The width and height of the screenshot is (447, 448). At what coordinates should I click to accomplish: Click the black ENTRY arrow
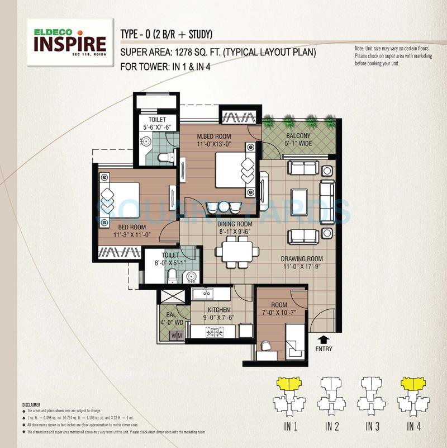[x=322, y=339]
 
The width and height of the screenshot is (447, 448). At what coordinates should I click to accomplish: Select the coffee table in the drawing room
[x=301, y=196]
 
